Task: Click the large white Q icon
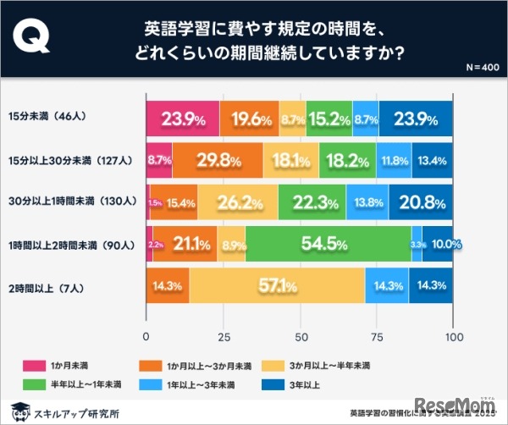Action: pos(33,40)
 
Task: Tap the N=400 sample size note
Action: pos(481,67)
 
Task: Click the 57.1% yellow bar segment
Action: pos(277,285)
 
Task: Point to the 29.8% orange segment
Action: pos(218,161)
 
